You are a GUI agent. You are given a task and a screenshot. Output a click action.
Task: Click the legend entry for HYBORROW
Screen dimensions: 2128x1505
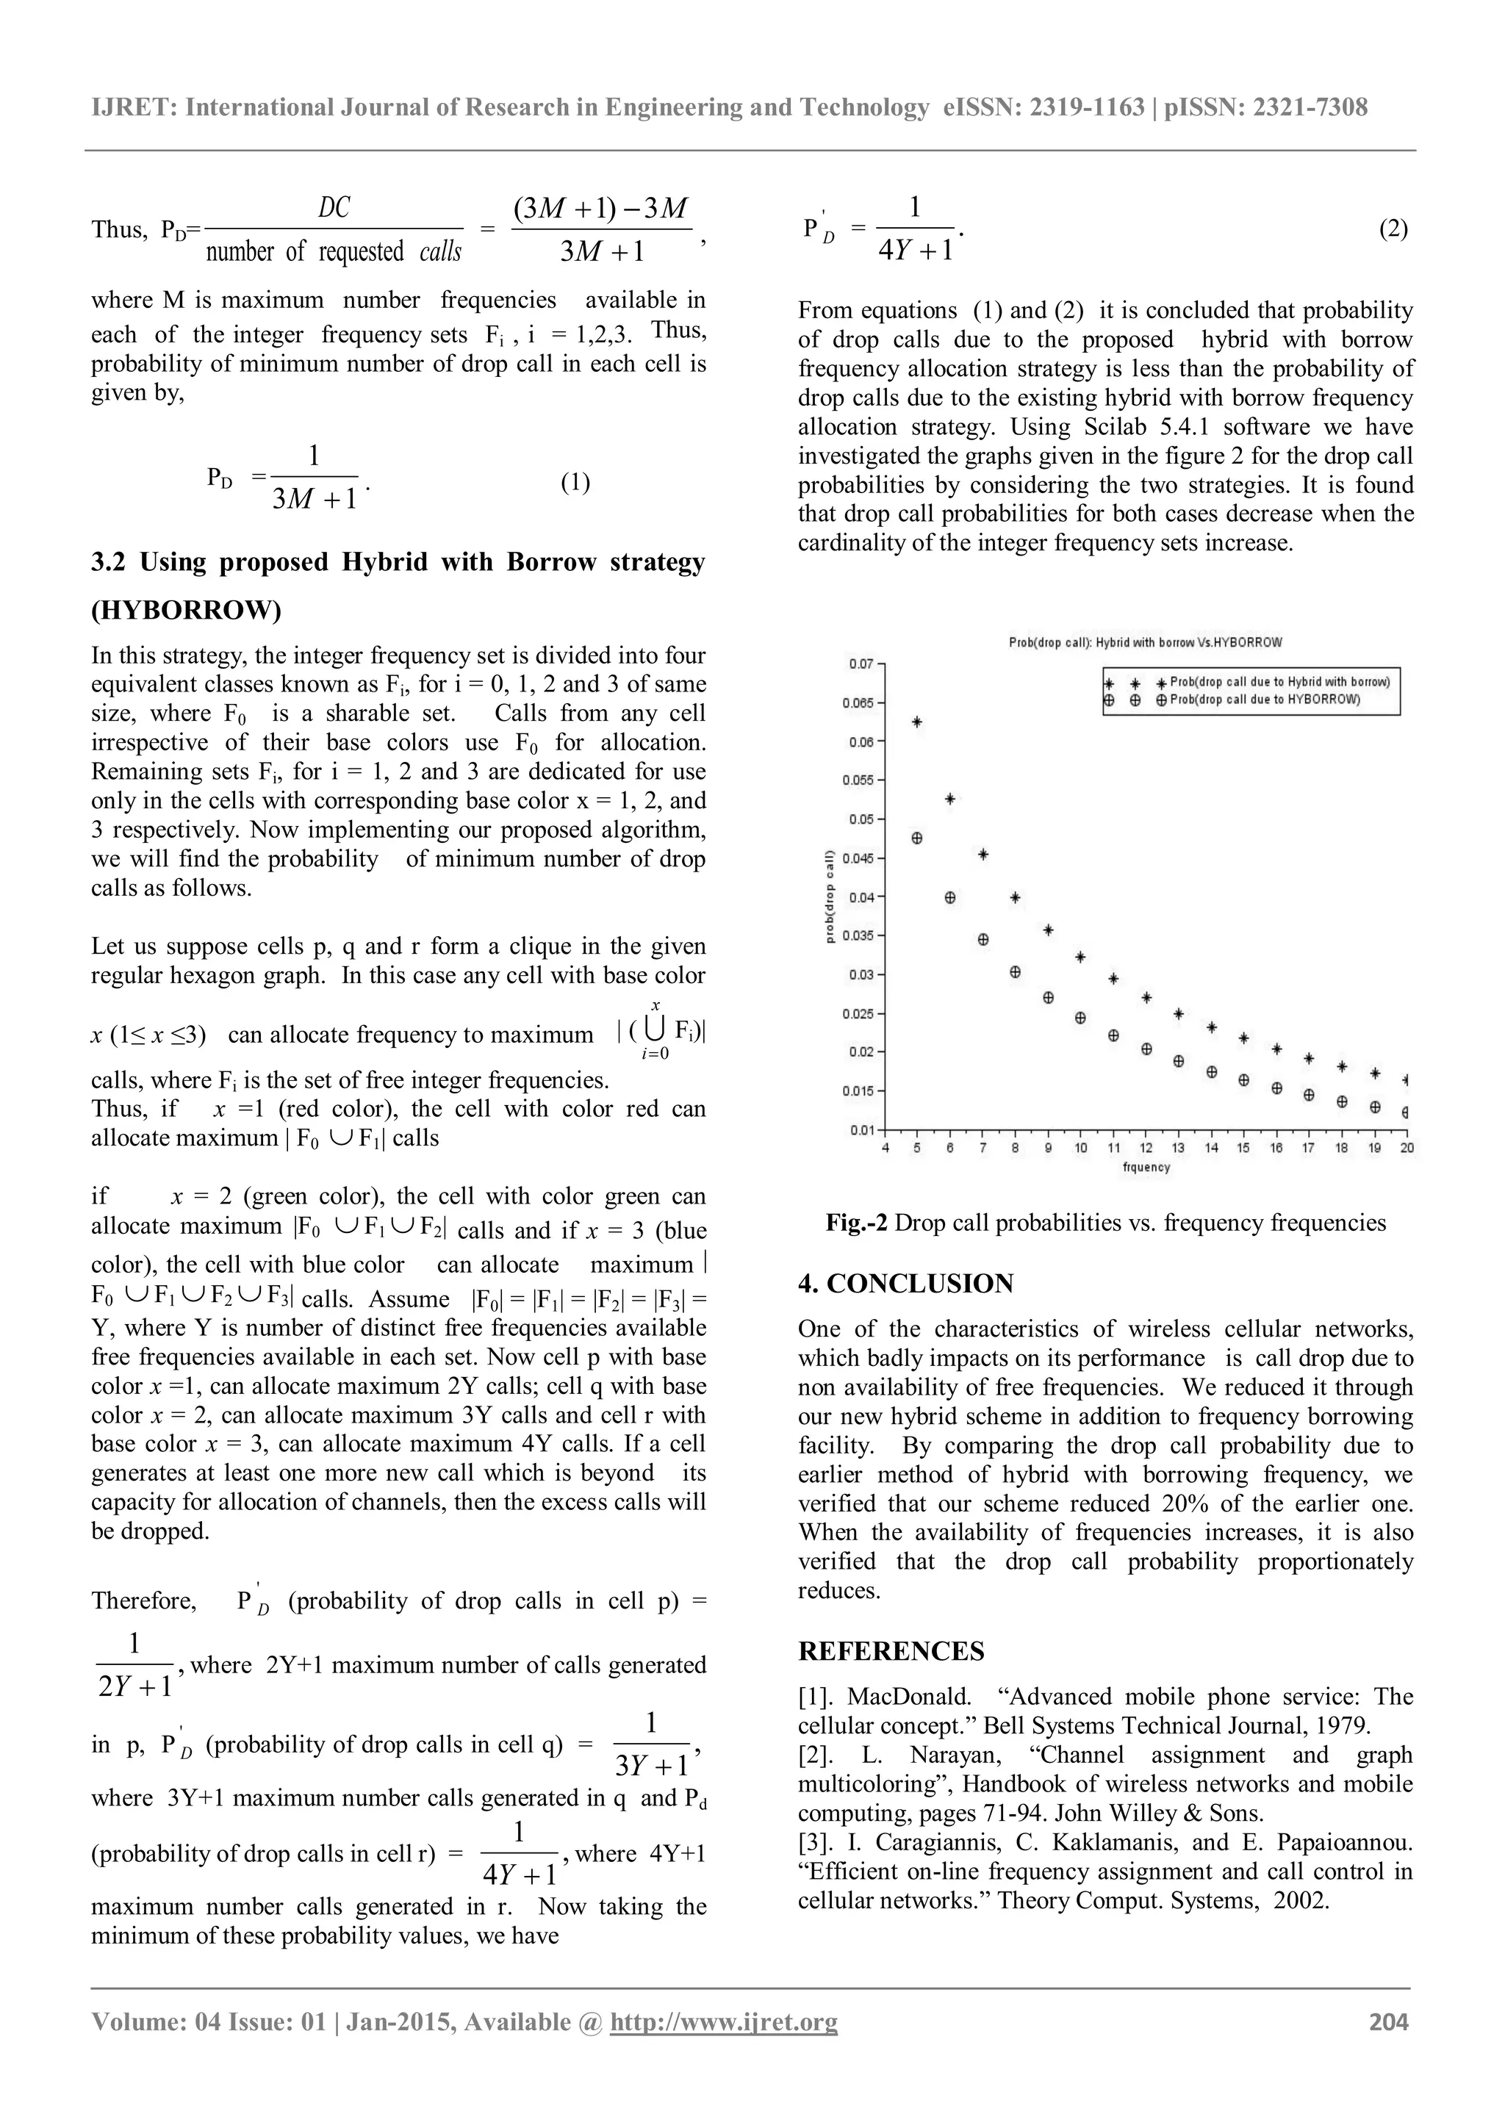(x=1264, y=700)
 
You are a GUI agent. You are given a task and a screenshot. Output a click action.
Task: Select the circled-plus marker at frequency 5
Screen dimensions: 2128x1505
(x=917, y=838)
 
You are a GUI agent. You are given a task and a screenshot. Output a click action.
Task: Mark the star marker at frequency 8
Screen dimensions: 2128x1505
(x=1016, y=897)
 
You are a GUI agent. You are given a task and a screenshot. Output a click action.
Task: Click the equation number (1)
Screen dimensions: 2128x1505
(x=575, y=481)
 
